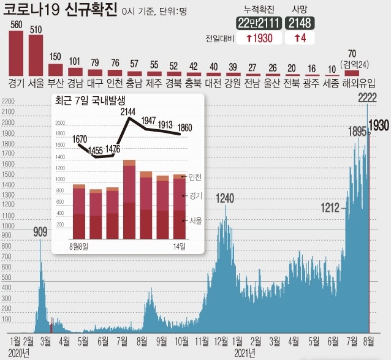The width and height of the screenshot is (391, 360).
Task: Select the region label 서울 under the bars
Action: (36, 83)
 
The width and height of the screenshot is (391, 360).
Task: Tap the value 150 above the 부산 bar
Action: (55, 58)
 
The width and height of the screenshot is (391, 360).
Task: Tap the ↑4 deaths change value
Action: (300, 38)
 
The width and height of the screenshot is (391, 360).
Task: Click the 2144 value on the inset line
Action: (129, 111)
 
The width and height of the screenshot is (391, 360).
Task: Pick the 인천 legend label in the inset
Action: (195, 177)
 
